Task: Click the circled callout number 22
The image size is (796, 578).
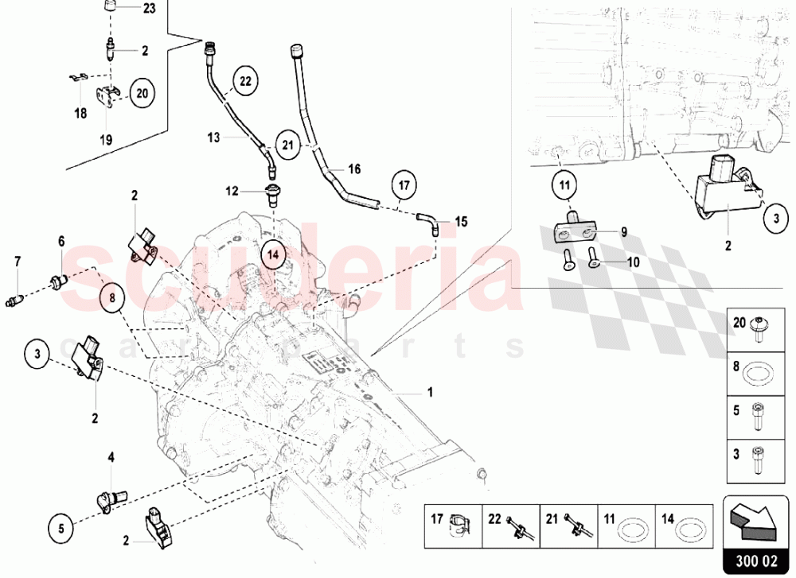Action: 244,80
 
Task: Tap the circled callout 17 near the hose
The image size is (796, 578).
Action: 404,185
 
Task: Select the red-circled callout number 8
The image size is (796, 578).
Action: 112,298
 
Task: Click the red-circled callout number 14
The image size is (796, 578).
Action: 273,255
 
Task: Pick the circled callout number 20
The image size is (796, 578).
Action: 142,93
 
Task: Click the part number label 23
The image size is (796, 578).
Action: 150,10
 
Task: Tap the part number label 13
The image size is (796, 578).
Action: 213,137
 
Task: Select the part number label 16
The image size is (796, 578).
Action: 354,169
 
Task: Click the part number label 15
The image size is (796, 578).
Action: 461,221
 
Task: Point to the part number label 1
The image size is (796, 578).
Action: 430,392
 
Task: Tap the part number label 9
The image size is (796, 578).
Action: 624,233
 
